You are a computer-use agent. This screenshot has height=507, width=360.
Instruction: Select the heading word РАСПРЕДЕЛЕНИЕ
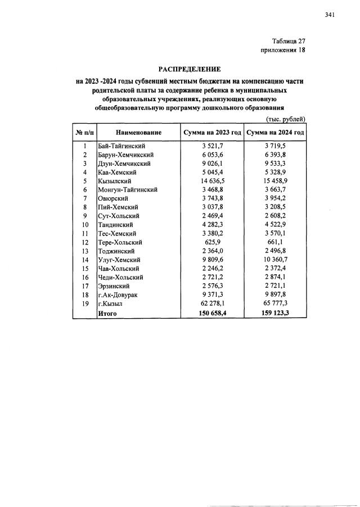coord(188,70)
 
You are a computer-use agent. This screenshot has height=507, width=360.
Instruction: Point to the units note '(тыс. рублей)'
coord(285,119)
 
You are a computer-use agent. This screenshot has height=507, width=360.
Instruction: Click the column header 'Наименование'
coord(139,133)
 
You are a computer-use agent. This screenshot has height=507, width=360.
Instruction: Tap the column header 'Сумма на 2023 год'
coord(211,133)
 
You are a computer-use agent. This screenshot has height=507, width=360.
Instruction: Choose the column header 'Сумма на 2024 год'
coord(275,133)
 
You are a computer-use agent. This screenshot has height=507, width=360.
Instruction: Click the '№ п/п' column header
coord(84,133)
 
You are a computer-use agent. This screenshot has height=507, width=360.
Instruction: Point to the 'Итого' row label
coord(107,313)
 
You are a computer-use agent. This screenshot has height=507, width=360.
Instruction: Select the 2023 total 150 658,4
coord(211,313)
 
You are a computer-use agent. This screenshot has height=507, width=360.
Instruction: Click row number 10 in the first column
coord(84,225)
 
